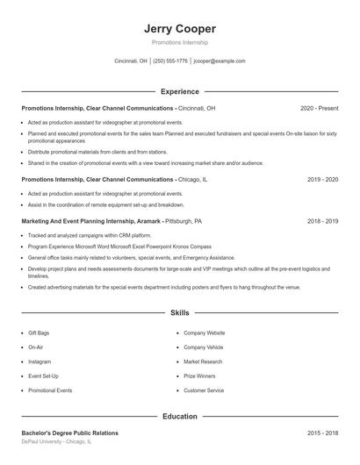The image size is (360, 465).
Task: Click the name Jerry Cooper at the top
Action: pyautogui.click(x=180, y=29)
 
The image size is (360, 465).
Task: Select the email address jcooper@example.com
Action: pyautogui.click(x=220, y=61)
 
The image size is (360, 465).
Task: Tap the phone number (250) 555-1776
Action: pyautogui.click(x=170, y=61)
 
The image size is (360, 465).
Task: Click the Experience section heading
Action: pyautogui.click(x=180, y=91)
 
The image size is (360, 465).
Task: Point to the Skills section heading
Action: pyautogui.click(x=180, y=312)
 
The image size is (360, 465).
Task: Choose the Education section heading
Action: pyautogui.click(x=180, y=416)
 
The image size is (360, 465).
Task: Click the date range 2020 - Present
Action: pyautogui.click(x=319, y=108)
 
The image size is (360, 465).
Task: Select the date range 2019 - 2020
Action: pyautogui.click(x=322, y=179)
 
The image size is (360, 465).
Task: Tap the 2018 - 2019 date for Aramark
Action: pyautogui.click(x=322, y=222)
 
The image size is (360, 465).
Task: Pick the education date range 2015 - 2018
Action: pyautogui.click(x=322, y=433)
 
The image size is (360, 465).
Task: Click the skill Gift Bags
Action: pyautogui.click(x=39, y=333)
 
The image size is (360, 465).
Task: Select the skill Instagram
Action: pyautogui.click(x=40, y=361)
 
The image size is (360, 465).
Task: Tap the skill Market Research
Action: pyautogui.click(x=204, y=361)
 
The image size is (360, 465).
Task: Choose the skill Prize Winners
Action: pyautogui.click(x=200, y=376)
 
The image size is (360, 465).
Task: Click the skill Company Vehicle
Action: pyautogui.click(x=204, y=347)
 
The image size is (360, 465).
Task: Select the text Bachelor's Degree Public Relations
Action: pyautogui.click(x=69, y=433)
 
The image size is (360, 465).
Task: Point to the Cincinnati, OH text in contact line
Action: pyautogui.click(x=131, y=61)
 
